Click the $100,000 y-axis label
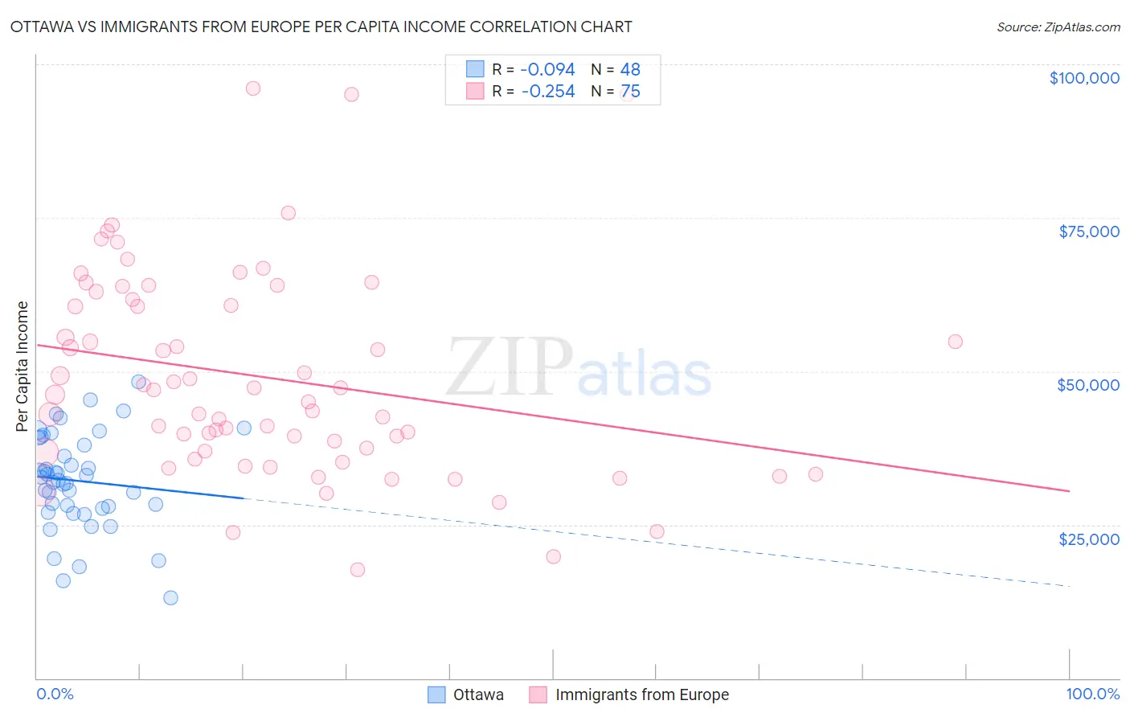1084,78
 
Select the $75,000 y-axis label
1089,231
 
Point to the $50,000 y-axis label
1088,385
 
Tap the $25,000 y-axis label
1089,539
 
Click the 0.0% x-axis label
55,694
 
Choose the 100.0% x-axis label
1092,694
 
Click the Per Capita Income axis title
23,366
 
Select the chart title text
321,27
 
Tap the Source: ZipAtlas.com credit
1058,27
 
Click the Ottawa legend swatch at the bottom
436,694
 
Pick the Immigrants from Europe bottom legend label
642,694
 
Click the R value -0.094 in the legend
547,70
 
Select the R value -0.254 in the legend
547,92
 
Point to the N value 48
630,70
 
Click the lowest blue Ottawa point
170,598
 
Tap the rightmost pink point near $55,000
955,342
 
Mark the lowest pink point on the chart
358,570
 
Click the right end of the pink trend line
1069,490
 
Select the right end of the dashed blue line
1069,586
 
